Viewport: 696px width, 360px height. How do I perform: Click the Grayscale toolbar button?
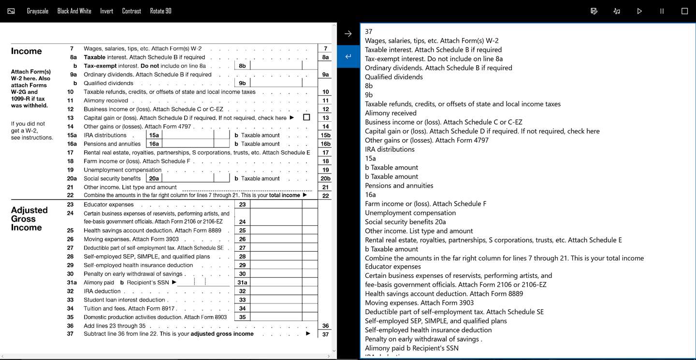pyautogui.click(x=38, y=11)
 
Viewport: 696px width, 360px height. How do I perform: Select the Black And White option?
pyautogui.click(x=74, y=11)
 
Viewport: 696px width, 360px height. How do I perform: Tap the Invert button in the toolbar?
pyautogui.click(x=106, y=11)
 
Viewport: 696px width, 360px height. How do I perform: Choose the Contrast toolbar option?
pyautogui.click(x=131, y=11)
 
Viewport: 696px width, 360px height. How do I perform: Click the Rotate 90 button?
pyautogui.click(x=160, y=11)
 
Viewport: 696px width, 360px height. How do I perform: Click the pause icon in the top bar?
pyautogui.click(x=662, y=11)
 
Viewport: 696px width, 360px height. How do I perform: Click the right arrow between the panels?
pyautogui.click(x=348, y=34)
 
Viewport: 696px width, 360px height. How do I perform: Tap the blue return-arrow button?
pyautogui.click(x=348, y=57)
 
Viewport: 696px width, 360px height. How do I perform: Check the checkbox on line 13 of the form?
pyautogui.click(x=306, y=117)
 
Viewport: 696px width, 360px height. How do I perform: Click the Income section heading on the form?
pyautogui.click(x=27, y=51)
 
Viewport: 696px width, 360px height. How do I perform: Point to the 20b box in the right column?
pyautogui.click(x=325, y=179)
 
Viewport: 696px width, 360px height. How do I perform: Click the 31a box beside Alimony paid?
pyautogui.click(x=242, y=283)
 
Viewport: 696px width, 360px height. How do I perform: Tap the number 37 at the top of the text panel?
pyautogui.click(x=369, y=32)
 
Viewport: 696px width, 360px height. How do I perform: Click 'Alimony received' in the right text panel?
pyautogui.click(x=391, y=113)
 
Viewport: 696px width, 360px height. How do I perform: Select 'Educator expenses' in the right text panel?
pyautogui.click(x=393, y=267)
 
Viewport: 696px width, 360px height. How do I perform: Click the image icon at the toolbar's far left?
pyautogui.click(x=11, y=11)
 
